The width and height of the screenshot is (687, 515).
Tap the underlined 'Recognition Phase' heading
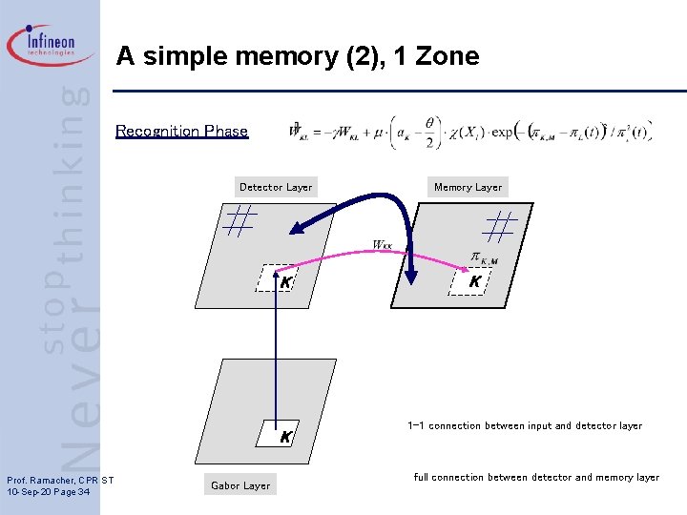pyautogui.click(x=181, y=132)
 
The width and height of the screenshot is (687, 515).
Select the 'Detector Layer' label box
pyautogui.click(x=276, y=187)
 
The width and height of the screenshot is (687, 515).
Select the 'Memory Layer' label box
pyautogui.click(x=468, y=187)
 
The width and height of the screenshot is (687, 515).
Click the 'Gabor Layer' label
pyautogui.click(x=240, y=485)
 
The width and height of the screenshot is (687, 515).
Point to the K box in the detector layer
pyautogui.click(x=283, y=280)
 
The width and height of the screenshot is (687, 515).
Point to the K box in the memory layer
pyautogui.click(x=474, y=280)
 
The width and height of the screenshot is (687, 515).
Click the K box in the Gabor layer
pyautogui.click(x=284, y=436)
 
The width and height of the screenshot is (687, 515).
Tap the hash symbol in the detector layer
pyautogui.click(x=239, y=221)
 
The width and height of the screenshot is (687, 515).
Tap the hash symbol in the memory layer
pyautogui.click(x=500, y=225)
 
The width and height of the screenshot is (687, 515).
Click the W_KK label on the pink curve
pyautogui.click(x=382, y=245)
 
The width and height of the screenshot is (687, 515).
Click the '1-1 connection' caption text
pyautogui.click(x=525, y=425)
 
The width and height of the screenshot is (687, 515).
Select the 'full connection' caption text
pyautogui.click(x=536, y=477)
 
